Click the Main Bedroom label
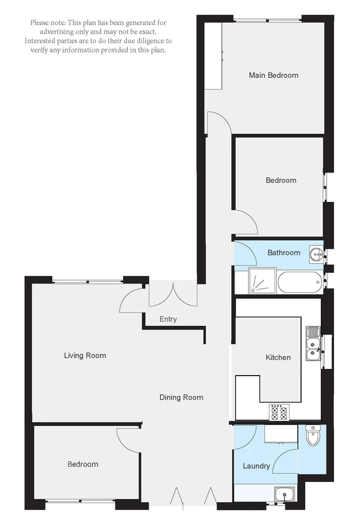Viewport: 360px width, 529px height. pyautogui.click(x=273, y=75)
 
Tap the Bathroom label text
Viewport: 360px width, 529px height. pyautogui.click(x=284, y=253)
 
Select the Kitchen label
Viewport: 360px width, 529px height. pyautogui.click(x=278, y=358)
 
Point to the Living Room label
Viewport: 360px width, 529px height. pyautogui.click(x=85, y=356)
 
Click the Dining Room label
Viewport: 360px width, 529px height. pyautogui.click(x=181, y=397)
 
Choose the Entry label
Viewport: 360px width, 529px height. pyautogui.click(x=168, y=319)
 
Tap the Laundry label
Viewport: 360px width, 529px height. pyautogui.click(x=256, y=466)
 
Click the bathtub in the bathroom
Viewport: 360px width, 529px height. pyautogui.click(x=299, y=282)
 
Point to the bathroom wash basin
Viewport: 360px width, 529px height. pyautogui.click(x=316, y=254)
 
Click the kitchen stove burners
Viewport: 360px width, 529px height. pyautogui.click(x=280, y=412)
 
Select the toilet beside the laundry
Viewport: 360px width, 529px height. pyautogui.click(x=312, y=435)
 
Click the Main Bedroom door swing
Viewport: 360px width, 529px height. pyautogui.click(x=218, y=122)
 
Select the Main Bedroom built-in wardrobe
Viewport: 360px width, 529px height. pyautogui.click(x=214, y=55)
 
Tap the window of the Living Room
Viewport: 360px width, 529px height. pyautogui.click(x=88, y=281)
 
